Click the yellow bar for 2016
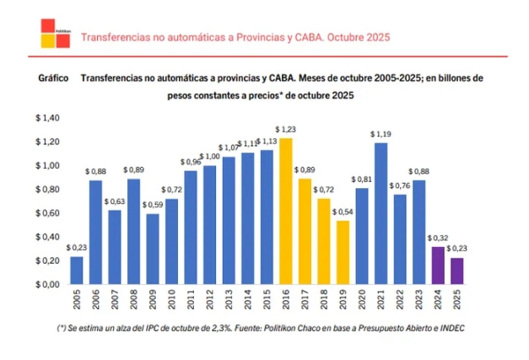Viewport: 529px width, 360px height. pos(285,211)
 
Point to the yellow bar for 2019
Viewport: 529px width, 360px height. pos(342,252)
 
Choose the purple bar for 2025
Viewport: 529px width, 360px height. pos(456,271)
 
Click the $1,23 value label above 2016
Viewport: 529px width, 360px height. pos(285,129)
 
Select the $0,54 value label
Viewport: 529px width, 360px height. pos(342,212)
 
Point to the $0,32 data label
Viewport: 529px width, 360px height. pos(437,239)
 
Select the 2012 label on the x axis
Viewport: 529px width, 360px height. pos(209,300)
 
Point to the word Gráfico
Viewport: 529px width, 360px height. pos(53,78)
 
